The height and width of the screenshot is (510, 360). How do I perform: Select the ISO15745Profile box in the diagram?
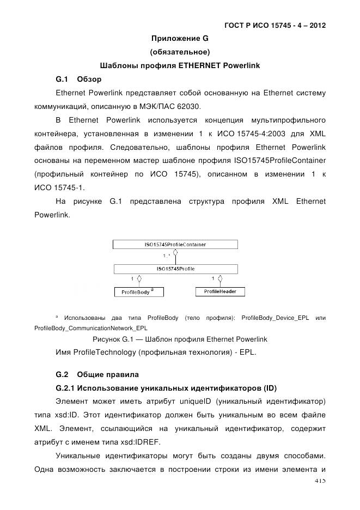click(x=175, y=269)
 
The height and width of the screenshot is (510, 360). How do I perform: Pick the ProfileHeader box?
click(x=219, y=292)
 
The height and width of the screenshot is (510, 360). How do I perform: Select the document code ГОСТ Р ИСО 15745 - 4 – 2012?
click(x=275, y=26)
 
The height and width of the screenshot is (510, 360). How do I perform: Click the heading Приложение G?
click(x=180, y=39)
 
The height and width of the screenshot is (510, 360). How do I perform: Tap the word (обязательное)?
click(x=180, y=52)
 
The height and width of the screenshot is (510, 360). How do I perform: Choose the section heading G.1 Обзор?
click(x=78, y=79)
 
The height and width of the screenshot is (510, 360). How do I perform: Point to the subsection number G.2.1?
click(x=68, y=388)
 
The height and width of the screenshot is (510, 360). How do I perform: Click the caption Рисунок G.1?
click(x=113, y=339)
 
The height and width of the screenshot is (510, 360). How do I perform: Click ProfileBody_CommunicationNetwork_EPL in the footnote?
click(x=90, y=328)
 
